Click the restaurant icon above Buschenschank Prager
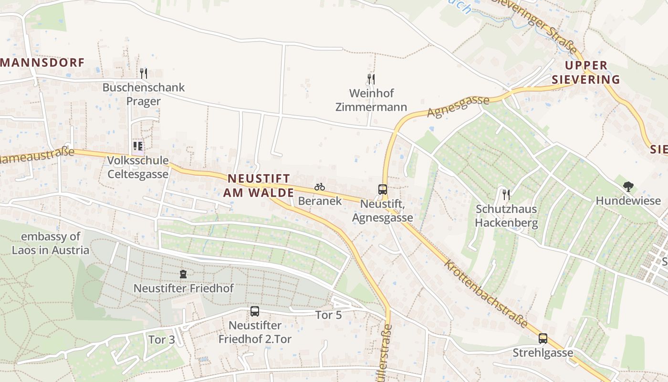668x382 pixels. click(x=143, y=73)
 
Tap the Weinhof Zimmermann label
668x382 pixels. click(x=371, y=100)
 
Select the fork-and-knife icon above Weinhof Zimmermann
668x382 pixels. click(x=371, y=79)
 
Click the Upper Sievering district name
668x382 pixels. click(x=586, y=72)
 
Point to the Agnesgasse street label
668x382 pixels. click(x=458, y=106)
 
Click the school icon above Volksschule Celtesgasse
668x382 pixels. click(x=138, y=146)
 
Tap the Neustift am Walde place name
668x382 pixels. click(x=259, y=185)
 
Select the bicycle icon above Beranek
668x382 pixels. click(x=320, y=187)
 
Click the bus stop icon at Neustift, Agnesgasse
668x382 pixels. click(x=383, y=189)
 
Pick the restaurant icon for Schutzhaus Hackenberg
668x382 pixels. click(x=506, y=194)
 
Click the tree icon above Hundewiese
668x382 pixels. click(x=628, y=187)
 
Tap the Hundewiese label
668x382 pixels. click(x=628, y=201)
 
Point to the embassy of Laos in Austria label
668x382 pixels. click(x=51, y=243)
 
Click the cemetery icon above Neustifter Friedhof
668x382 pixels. click(x=183, y=274)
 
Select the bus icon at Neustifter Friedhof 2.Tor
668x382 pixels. click(x=255, y=311)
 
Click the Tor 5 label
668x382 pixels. click(x=329, y=315)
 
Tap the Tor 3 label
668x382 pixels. click(x=162, y=340)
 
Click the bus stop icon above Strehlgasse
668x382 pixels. click(x=543, y=339)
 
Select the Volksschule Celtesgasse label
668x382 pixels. click(x=138, y=167)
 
